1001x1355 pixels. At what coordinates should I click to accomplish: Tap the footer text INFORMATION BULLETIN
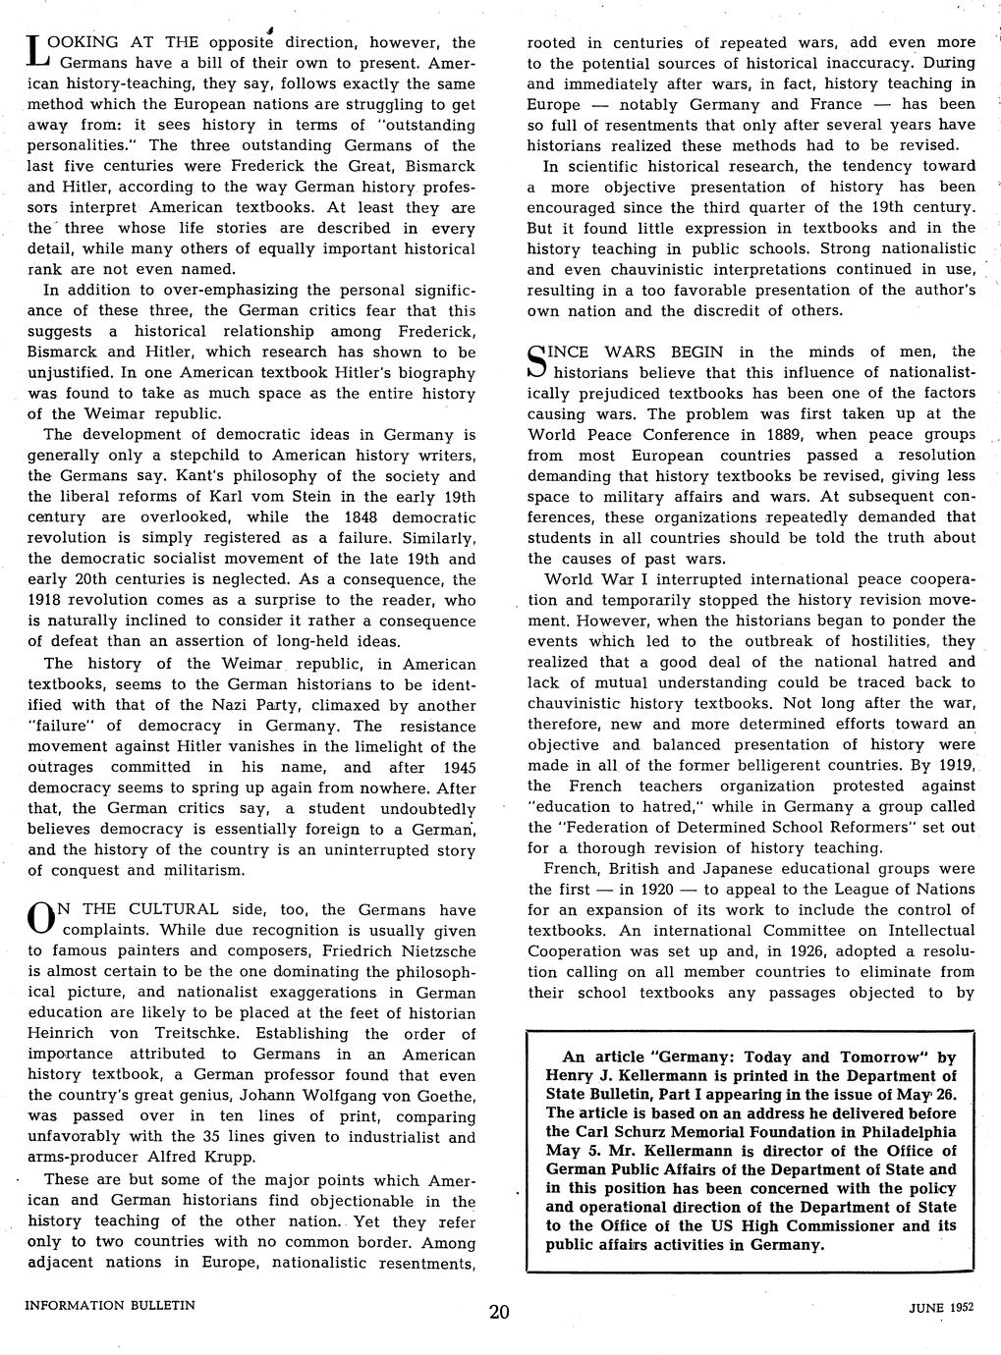tap(110, 1305)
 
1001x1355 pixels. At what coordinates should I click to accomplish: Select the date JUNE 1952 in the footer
tap(940, 1308)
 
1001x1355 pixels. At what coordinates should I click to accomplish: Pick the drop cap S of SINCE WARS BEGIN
tap(538, 360)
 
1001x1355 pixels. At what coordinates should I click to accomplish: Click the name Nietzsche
tap(432, 950)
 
